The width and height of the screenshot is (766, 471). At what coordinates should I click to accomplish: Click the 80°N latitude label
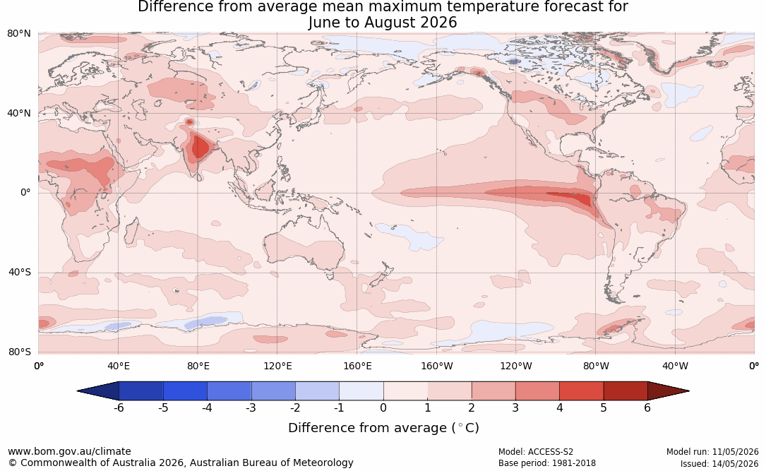pos(18,33)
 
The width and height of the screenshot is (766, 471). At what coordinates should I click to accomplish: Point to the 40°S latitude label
pos(19,272)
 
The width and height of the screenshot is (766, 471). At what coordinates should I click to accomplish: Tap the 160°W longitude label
pos(436,366)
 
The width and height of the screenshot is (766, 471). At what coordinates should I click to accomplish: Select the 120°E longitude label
pos(277,366)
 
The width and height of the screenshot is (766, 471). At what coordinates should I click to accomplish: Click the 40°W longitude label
pos(675,366)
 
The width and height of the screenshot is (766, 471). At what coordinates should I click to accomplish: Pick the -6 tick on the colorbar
pos(118,407)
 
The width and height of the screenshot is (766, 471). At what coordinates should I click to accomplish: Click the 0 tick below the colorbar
pos(383,407)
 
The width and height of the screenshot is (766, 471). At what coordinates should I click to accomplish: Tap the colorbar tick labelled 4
pos(559,407)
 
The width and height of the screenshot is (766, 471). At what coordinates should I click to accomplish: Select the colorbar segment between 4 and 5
pos(581,391)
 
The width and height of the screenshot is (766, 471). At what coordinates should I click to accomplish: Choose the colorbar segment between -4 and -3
pos(229,391)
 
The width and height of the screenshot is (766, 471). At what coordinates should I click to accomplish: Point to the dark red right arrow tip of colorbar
pos(688,391)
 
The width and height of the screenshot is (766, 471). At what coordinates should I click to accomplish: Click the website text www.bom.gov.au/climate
pos(69,451)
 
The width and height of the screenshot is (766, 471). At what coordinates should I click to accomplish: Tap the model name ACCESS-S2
pos(550,452)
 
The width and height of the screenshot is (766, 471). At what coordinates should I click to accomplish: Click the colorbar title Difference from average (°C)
pos(383,428)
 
